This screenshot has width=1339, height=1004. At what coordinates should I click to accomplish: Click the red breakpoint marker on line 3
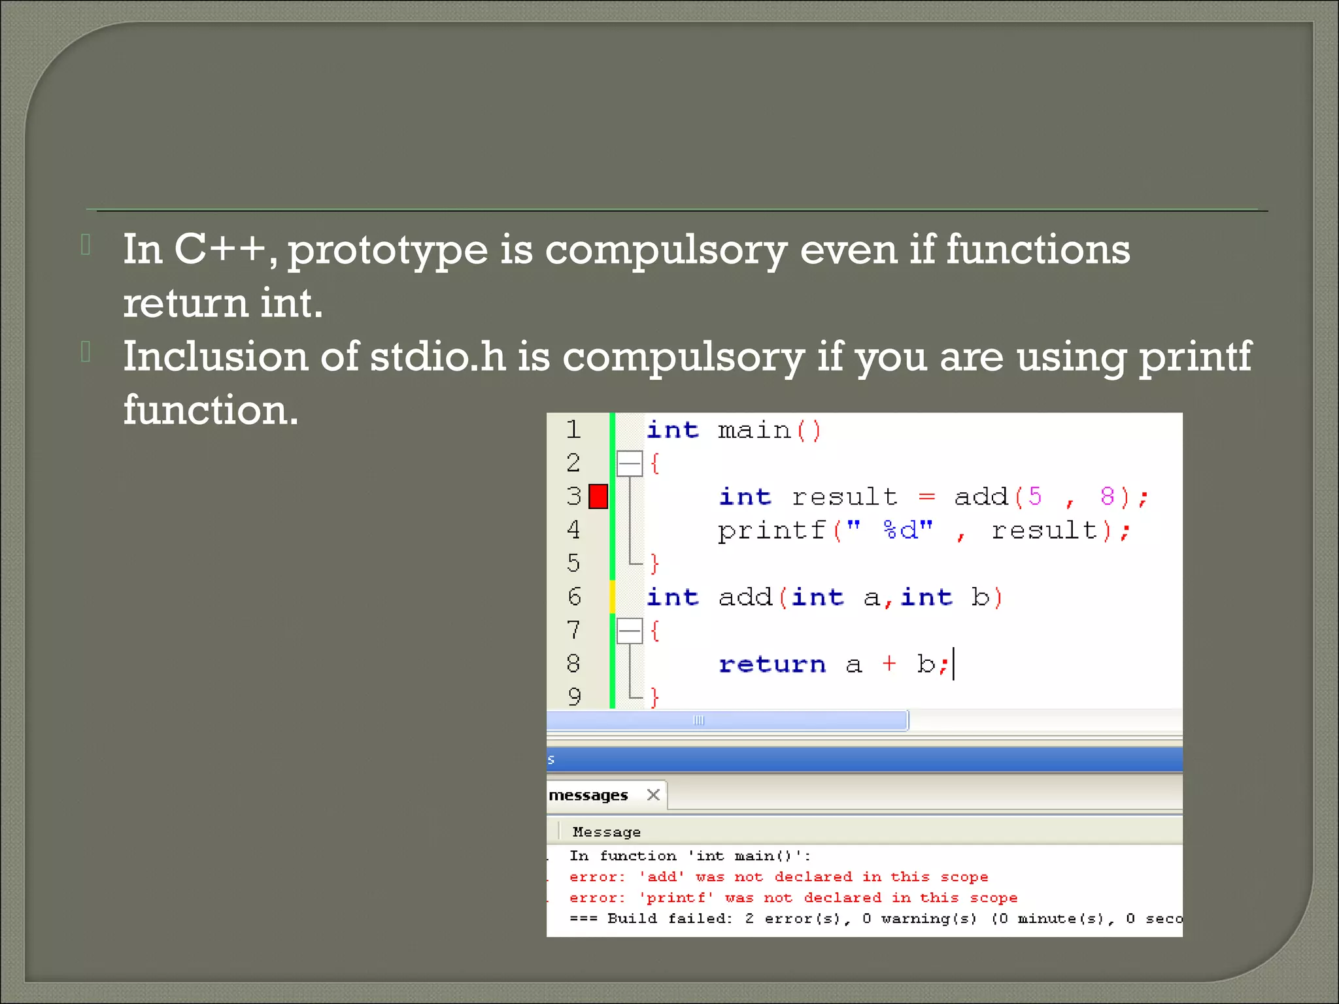pos(598,496)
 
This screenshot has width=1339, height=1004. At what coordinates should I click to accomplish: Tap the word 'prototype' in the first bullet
pos(387,251)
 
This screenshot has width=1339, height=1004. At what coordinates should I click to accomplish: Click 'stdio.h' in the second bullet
pos(437,358)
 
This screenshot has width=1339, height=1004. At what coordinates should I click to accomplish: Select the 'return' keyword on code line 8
pos(771,664)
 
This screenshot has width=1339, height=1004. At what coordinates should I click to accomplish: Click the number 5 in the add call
pos(1034,496)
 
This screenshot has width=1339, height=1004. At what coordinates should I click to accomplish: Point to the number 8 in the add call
pos(1107,496)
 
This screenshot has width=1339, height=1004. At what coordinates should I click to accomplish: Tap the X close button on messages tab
pos(653,795)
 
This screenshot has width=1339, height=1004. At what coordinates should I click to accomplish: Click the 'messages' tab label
pos(588,795)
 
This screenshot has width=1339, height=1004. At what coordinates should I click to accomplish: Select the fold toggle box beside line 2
pos(630,463)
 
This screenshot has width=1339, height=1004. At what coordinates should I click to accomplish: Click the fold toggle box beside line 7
pos(630,631)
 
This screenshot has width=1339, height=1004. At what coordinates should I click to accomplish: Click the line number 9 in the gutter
pos(574,697)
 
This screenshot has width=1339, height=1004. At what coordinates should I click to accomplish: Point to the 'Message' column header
pos(606,832)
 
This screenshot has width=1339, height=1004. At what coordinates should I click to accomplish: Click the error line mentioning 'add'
pos(778,877)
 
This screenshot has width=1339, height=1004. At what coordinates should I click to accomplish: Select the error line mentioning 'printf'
pos(792,897)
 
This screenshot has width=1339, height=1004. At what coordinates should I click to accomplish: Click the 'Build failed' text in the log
pos(669,918)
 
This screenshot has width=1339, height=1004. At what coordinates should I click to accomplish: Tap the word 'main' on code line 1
pos(754,430)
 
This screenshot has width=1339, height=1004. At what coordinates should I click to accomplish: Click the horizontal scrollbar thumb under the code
pos(726,720)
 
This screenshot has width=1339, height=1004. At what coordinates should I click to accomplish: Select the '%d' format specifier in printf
pos(900,530)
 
